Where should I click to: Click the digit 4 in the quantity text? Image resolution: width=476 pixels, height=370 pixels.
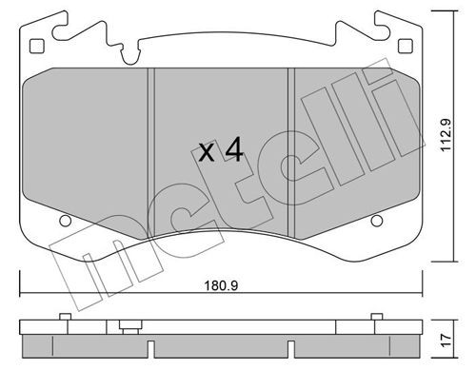pyautogui.click(x=234, y=149)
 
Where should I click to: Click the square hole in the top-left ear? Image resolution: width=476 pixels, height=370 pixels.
pyautogui.click(x=37, y=47)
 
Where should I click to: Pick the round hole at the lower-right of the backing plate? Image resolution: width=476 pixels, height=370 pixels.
pyautogui.click(x=374, y=224)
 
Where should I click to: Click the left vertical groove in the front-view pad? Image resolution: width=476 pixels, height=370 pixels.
pyautogui.click(x=149, y=143)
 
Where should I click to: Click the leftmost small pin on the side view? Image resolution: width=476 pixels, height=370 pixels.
pyautogui.click(x=62, y=317)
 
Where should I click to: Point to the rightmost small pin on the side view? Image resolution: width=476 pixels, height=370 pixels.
pyautogui.click(x=375, y=317)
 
